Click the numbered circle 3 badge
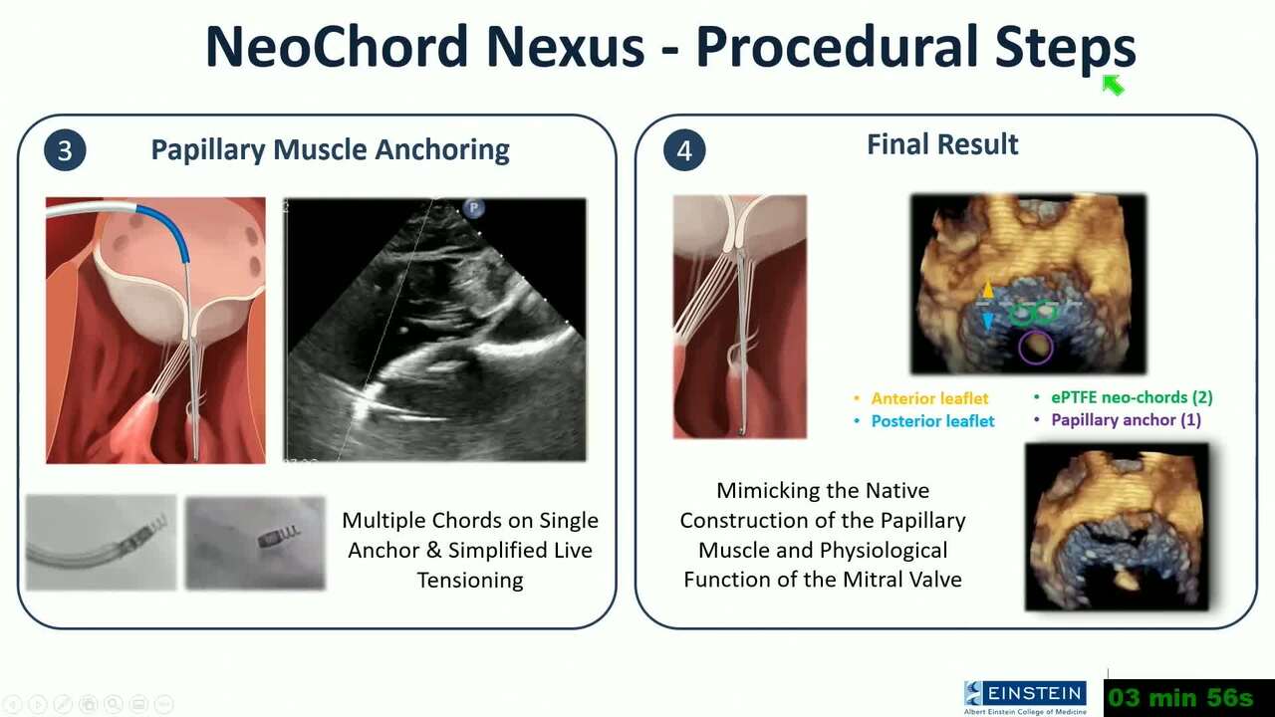65,150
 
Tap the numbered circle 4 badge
684,150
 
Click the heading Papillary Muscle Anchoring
330,150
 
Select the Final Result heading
942,144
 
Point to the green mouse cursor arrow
1113,86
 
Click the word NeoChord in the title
338,46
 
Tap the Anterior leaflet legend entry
929,398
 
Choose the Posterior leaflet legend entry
933,421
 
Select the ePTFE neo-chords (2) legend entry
1132,397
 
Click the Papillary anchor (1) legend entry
1126,420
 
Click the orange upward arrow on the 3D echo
987,289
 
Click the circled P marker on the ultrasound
473,208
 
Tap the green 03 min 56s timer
1180,697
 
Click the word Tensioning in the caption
470,580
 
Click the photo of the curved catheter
102,543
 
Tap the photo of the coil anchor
256,543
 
